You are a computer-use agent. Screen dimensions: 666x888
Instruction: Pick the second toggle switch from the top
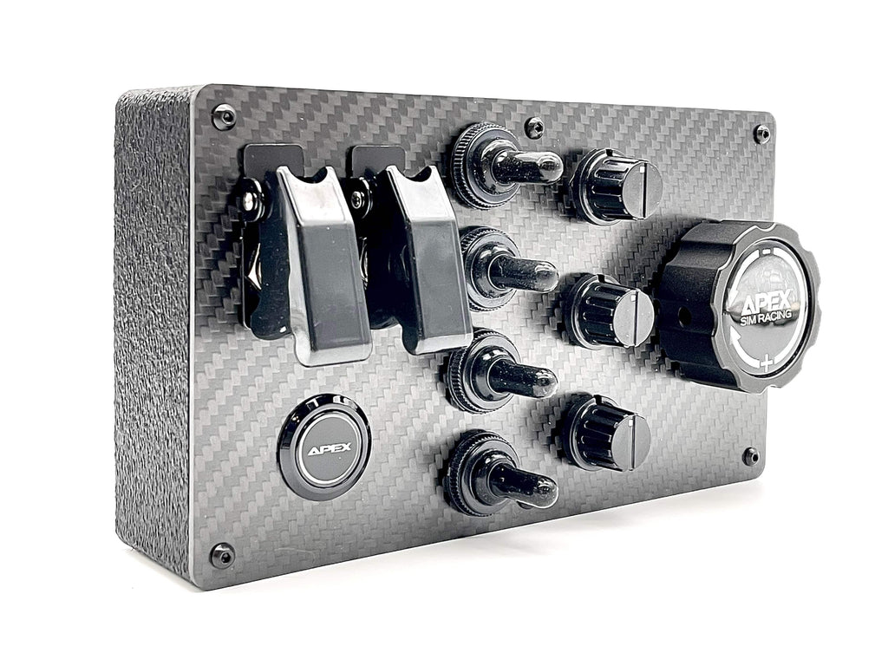[520, 272]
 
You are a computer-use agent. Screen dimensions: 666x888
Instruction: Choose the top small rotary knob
[617, 186]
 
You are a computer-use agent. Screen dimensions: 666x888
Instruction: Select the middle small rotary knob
[610, 312]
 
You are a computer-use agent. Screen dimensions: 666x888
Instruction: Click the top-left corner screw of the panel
[224, 116]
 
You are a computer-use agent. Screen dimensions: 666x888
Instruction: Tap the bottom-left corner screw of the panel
[222, 554]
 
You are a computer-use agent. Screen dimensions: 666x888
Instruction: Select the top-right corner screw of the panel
[761, 134]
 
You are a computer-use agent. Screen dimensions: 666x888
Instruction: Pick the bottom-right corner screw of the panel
[750, 456]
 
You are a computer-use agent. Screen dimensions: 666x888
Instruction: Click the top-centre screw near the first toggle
[534, 127]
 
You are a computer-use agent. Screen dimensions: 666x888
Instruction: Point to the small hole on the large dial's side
[684, 317]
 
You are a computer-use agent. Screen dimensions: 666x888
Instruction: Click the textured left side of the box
[153, 330]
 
